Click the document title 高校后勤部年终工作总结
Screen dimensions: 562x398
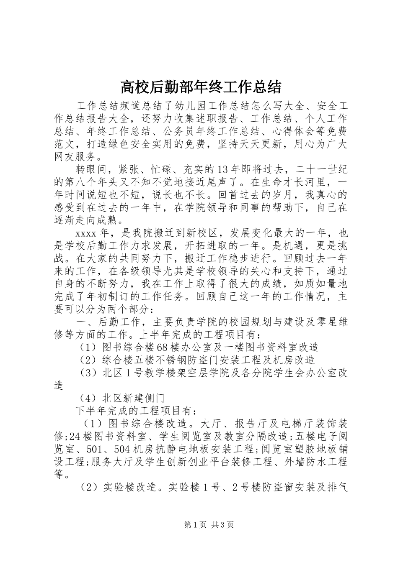pos(201,87)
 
